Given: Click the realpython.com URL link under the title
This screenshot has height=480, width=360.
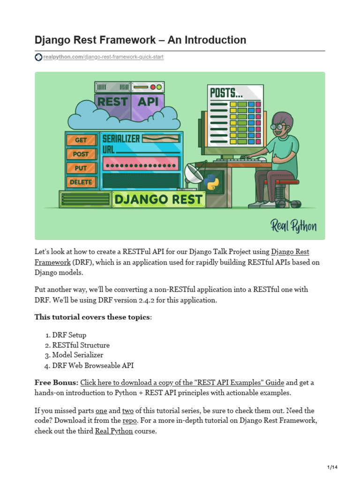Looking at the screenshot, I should coord(103,57).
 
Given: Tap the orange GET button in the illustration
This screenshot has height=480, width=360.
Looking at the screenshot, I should coord(81,140).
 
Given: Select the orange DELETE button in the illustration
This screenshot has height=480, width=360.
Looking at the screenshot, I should coord(81,182).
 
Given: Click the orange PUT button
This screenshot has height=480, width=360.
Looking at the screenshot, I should coord(81,168).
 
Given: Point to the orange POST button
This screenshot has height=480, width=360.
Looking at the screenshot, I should coord(81,154).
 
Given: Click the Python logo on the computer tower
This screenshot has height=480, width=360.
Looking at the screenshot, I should coord(212,181).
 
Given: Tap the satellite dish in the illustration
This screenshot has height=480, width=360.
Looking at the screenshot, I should coord(193,174).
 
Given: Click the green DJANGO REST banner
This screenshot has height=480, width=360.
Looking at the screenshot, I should coord(159,199).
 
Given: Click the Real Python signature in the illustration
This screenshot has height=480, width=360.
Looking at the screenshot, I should coord(293,226).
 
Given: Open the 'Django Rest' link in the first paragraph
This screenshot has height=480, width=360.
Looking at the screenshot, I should coord(290,252).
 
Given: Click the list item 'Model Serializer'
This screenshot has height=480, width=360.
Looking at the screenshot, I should coord(78,355).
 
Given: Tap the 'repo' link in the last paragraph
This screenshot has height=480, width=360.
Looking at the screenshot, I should coord(129,420).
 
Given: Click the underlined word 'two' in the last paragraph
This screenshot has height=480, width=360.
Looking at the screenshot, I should coord(128,411).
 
